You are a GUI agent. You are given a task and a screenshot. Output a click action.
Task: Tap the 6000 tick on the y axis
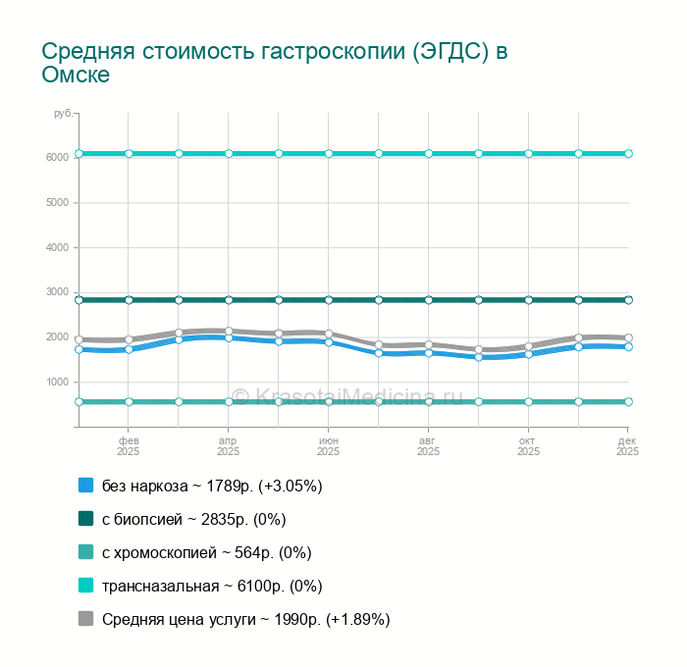point(57,157)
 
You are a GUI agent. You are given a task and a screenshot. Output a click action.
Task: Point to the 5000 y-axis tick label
point(57,202)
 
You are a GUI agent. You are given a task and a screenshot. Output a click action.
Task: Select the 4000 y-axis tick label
point(57,247)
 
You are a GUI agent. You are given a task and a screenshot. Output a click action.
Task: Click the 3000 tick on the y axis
point(57,292)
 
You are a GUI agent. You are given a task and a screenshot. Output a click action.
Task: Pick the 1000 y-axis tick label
point(57,382)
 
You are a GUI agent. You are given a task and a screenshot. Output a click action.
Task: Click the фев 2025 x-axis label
point(129,447)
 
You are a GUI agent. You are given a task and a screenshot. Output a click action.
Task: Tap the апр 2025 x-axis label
point(229,447)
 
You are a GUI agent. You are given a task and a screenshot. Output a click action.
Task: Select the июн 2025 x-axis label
point(329,447)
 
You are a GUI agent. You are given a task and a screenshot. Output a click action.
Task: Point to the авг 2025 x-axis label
point(429,447)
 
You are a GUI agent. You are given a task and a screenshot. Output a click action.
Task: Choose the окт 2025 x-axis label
point(529,447)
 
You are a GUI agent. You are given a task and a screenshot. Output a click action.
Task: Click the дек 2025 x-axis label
point(627,447)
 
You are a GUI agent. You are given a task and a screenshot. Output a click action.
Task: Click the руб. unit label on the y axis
point(63,115)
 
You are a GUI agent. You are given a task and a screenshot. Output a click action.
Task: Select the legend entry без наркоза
point(212,486)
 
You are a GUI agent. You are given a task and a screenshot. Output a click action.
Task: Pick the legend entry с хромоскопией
point(206,552)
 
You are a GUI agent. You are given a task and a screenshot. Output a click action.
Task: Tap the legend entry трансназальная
point(212,586)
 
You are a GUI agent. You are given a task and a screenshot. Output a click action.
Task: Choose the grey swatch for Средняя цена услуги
point(85,619)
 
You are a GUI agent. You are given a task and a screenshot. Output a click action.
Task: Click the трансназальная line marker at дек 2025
point(628,154)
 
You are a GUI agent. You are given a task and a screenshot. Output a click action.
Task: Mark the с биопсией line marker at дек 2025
point(628,300)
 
